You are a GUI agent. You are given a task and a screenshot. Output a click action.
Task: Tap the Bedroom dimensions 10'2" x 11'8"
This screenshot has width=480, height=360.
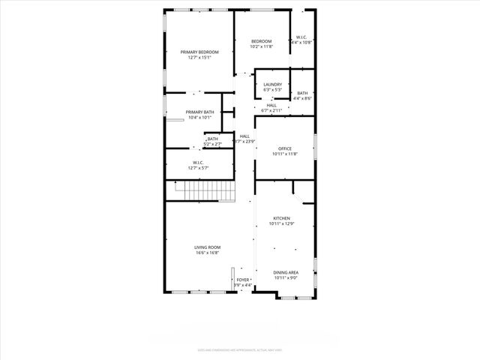[x=261, y=46]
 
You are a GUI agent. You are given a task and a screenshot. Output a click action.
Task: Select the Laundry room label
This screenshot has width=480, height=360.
[x=272, y=84]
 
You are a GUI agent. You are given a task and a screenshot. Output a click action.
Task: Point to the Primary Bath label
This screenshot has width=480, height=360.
[x=199, y=112]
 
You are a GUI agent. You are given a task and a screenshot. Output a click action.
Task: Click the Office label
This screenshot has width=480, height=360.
[x=284, y=148]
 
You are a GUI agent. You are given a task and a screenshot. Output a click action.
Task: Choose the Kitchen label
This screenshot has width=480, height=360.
[x=281, y=218]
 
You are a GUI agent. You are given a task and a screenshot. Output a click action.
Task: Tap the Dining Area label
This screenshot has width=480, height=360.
[x=285, y=272]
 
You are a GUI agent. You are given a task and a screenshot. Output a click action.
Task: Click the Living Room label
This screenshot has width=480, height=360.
[x=207, y=247]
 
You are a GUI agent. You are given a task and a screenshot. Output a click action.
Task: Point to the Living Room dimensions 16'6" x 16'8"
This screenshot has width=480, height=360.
[x=207, y=253]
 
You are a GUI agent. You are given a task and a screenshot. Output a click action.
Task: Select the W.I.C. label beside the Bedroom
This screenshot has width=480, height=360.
[x=301, y=37]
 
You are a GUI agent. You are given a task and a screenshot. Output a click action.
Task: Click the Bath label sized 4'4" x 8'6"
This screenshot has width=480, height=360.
[x=302, y=93]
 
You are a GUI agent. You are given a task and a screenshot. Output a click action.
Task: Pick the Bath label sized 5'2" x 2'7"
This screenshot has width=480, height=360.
[x=213, y=139]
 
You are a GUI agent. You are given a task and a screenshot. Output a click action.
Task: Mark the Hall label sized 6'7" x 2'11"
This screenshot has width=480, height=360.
[x=271, y=105]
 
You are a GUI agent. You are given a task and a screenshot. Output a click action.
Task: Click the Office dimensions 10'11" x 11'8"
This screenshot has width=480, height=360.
[x=284, y=154]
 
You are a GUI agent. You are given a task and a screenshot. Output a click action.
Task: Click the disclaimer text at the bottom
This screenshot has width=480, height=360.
[x=240, y=349]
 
